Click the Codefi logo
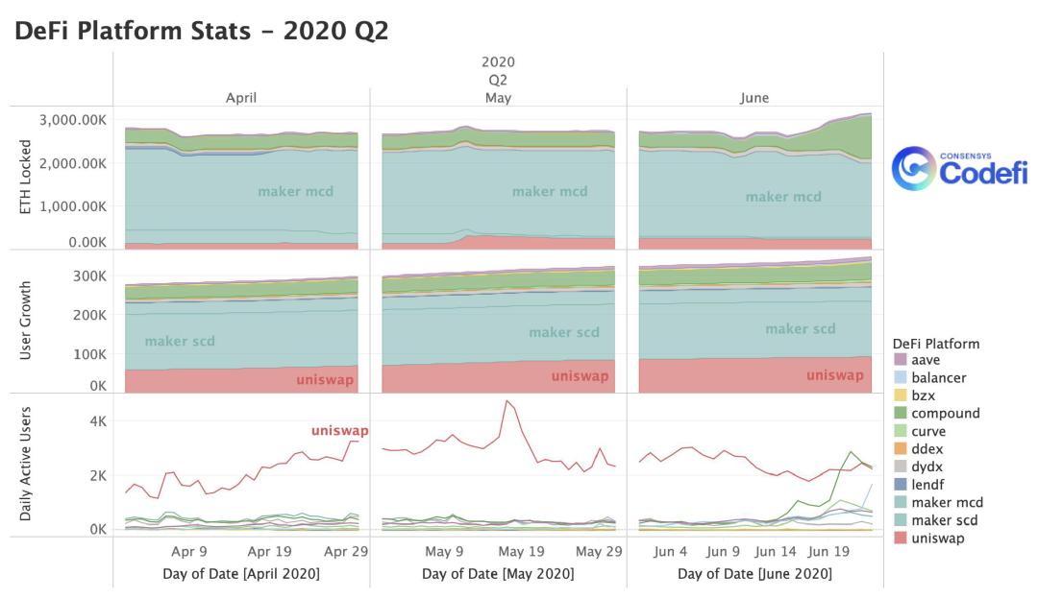click(959, 169)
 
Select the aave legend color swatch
click(900, 360)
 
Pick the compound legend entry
click(937, 413)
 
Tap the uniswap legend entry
click(929, 539)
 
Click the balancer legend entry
click(930, 377)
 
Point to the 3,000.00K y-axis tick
click(73, 120)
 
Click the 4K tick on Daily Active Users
click(98, 421)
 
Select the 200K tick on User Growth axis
click(89, 315)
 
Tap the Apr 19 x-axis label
click(269, 551)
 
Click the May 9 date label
click(444, 551)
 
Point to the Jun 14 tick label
click(776, 551)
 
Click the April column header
click(241, 98)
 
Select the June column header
click(754, 98)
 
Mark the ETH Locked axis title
click(25, 177)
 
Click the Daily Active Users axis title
click(25, 464)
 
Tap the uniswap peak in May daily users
click(507, 400)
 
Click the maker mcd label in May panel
click(550, 191)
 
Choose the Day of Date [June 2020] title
click(754, 573)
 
